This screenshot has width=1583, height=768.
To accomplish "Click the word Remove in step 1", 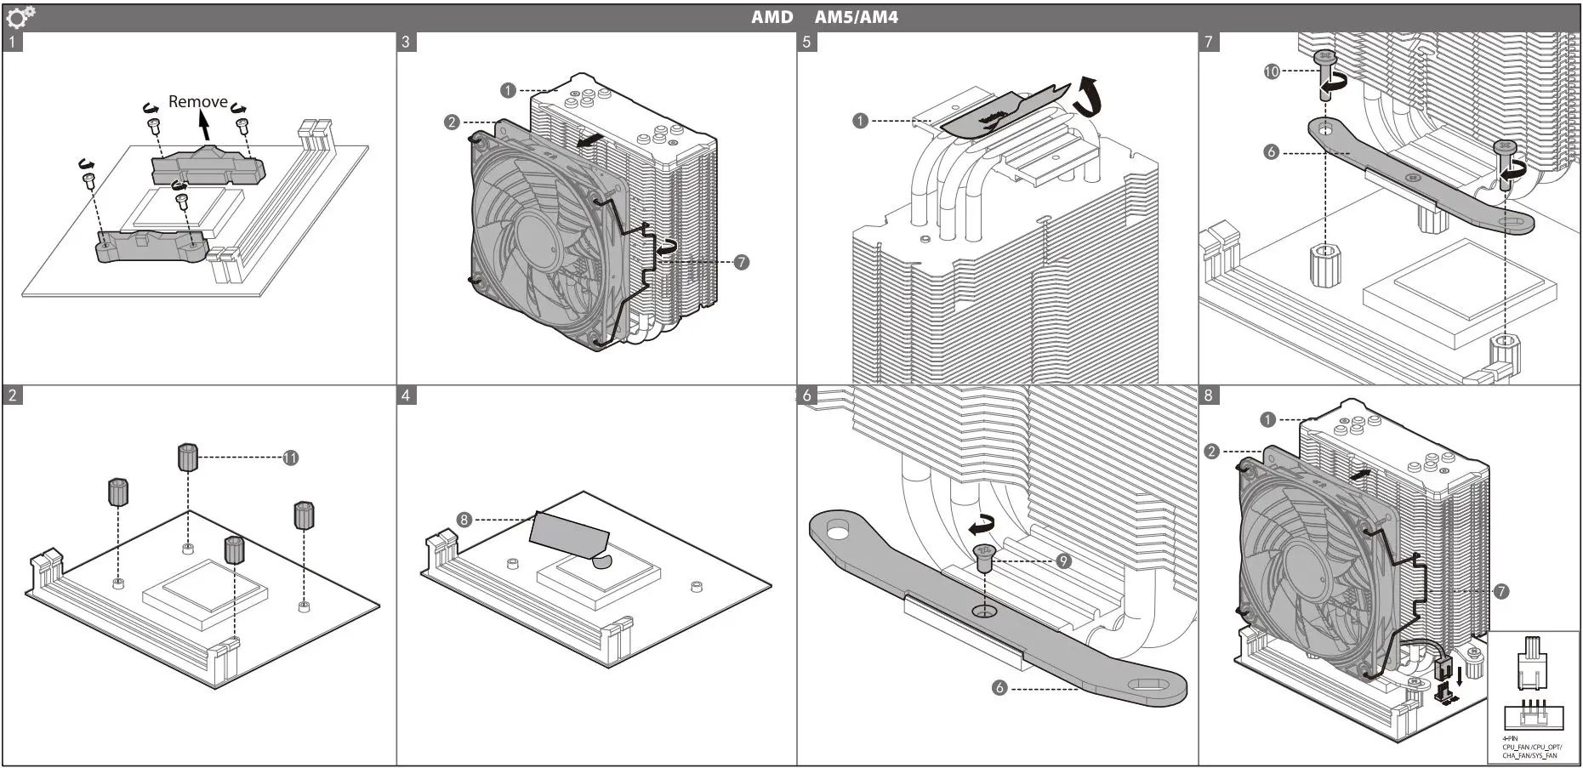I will click(x=197, y=101).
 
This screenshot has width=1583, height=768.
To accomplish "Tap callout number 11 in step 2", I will click(x=291, y=458).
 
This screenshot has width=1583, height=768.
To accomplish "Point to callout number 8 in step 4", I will click(x=464, y=519).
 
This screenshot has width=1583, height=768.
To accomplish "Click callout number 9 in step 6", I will click(x=1063, y=561).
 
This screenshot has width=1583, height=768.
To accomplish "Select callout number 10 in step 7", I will click(x=1272, y=71).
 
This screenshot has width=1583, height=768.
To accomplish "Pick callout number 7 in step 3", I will click(x=742, y=262).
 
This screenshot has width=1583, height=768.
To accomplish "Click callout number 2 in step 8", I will click(x=1212, y=451).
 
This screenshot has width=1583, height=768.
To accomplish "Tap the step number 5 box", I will click(x=807, y=42).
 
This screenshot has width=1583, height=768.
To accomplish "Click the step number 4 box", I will click(x=407, y=395).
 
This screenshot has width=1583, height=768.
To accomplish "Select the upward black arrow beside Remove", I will click(x=202, y=126).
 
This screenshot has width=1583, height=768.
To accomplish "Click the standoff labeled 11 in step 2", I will click(x=188, y=457).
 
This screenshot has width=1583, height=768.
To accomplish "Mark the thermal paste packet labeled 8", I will click(x=568, y=534).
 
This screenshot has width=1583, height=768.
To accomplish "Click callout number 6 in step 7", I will click(x=1272, y=152).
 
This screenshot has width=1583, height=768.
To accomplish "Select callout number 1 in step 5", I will click(x=860, y=121).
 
